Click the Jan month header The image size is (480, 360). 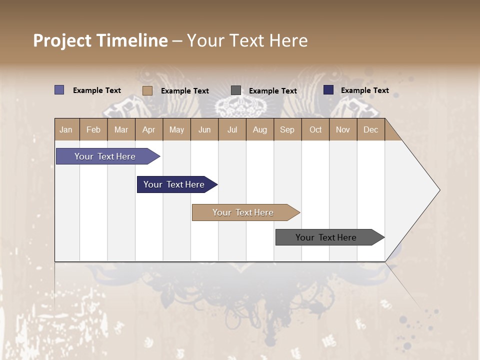[x=66, y=130]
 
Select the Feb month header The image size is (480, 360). [x=93, y=130]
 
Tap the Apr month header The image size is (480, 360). [x=149, y=130]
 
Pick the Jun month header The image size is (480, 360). [x=204, y=130]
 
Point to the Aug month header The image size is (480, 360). [x=260, y=130]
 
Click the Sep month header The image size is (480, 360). [x=287, y=130]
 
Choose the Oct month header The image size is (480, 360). [x=315, y=130]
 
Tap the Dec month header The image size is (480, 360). [x=371, y=130]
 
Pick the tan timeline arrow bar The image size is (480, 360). [x=243, y=212]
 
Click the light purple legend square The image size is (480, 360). [x=59, y=90]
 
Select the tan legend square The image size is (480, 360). [x=147, y=90]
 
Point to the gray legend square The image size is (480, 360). [x=236, y=90]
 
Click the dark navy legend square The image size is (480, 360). [x=328, y=90]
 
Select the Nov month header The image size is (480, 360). [x=343, y=130]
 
